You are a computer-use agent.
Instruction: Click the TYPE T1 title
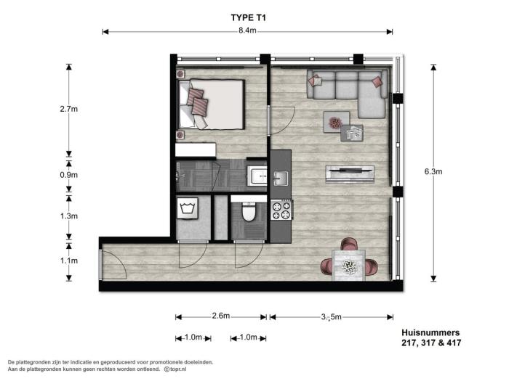247,14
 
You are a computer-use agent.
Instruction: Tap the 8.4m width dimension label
247,31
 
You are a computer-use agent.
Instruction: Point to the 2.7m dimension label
69,109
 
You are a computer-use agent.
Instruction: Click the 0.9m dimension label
69,175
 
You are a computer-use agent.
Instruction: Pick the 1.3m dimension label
69,216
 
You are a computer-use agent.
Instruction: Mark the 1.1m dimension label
69,261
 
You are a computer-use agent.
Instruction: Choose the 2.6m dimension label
221,316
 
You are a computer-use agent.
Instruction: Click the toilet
248,212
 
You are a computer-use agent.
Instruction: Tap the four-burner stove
281,210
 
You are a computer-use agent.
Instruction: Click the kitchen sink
280,177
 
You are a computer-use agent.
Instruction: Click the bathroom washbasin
257,176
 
